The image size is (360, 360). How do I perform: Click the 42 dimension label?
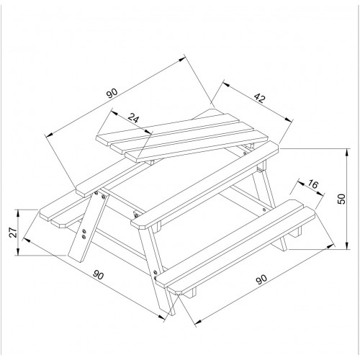[x=259, y=98]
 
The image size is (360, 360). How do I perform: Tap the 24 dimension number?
[x=133, y=118]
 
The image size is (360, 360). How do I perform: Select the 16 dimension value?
[x=312, y=184]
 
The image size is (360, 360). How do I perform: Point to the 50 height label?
[x=341, y=199]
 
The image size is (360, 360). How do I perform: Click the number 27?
[x=13, y=233]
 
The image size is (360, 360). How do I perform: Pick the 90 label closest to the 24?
[x=112, y=94]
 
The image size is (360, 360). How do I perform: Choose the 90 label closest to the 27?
[x=98, y=275]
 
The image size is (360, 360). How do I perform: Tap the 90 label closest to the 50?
[x=261, y=279]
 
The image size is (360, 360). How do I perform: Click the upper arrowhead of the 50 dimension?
[x=346, y=152]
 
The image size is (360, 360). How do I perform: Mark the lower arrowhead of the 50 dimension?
[x=346, y=246]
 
